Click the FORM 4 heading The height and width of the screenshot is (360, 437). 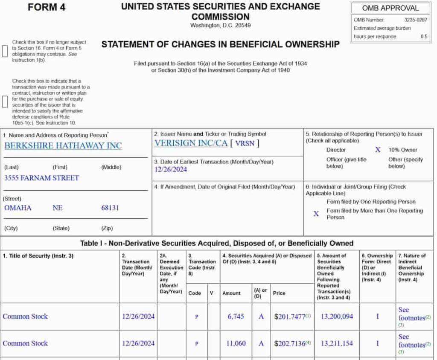tap(47, 8)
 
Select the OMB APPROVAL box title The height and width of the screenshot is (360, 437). tap(390, 8)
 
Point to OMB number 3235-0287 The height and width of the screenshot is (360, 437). tap(416, 20)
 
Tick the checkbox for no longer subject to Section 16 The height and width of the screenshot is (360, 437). tap(5, 51)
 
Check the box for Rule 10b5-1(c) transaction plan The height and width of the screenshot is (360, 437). tap(5, 102)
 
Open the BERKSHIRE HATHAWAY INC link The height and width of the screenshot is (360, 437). tap(63, 145)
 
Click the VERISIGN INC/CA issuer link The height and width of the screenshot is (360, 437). tap(191, 143)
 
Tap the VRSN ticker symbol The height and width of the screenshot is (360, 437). tap(245, 144)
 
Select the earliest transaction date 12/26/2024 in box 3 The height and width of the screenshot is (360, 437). tap(171, 169)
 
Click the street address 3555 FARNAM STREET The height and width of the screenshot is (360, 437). tap(41, 178)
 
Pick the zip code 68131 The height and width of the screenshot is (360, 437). tap(110, 208)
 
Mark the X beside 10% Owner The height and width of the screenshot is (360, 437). tap(378, 150)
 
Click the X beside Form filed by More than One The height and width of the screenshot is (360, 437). tap(316, 214)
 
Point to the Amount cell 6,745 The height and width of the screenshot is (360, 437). tap(236, 316)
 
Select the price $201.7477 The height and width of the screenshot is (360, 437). tap(290, 316)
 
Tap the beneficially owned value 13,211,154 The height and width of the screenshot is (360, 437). tap(337, 343)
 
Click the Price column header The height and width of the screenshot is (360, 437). tap(279, 293)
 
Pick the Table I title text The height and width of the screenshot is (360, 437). tap(217, 243)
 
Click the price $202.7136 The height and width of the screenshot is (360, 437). tap(290, 343)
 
